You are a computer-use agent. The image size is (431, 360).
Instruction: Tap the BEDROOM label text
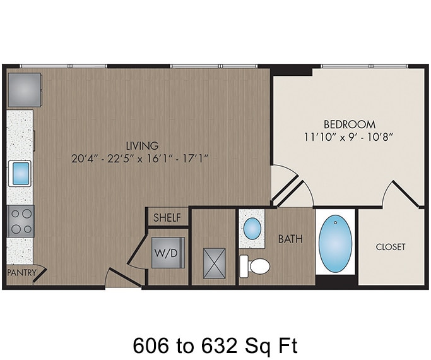click(x=349, y=124)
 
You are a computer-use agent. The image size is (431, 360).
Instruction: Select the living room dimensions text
click(x=140, y=158)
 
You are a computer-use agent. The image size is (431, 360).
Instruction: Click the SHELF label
click(x=167, y=218)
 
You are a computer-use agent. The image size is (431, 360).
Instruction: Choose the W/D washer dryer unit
click(x=168, y=253)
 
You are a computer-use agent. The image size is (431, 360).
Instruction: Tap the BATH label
click(x=290, y=239)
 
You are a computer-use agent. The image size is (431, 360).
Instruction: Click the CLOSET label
click(x=390, y=247)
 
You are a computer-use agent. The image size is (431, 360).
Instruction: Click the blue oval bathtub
click(x=336, y=243)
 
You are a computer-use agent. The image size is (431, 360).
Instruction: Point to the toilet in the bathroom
click(x=256, y=265)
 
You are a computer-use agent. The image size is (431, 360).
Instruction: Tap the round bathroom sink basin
click(x=252, y=229)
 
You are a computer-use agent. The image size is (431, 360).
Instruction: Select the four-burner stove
click(x=20, y=221)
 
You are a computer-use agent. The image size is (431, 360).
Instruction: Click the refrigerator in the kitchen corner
click(x=25, y=89)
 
